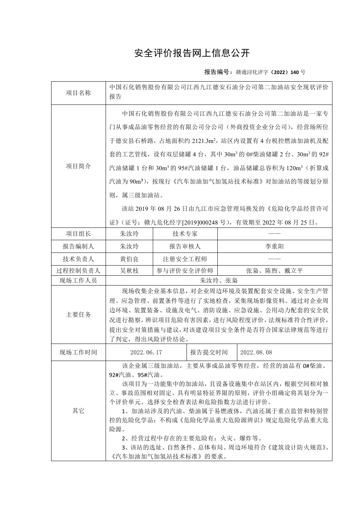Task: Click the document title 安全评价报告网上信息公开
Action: tap(192, 53)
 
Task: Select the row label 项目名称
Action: tap(78, 93)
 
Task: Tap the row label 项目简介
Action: tap(78, 166)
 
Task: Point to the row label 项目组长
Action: tap(78, 234)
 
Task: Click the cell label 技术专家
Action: tap(185, 234)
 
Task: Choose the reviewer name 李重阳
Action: tap(274, 246)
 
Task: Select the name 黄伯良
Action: tap(129, 259)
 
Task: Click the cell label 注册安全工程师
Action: tap(185, 259)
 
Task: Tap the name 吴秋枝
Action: tap(129, 271)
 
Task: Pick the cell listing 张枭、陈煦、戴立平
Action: tap(274, 271)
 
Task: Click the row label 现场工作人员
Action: tap(78, 280)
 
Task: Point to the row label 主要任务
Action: tap(78, 315)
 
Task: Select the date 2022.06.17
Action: tap(146, 352)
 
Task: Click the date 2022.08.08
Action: tap(256, 352)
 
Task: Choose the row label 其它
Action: tap(78, 411)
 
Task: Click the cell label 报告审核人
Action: tap(185, 246)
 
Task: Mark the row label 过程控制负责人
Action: tap(78, 271)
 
